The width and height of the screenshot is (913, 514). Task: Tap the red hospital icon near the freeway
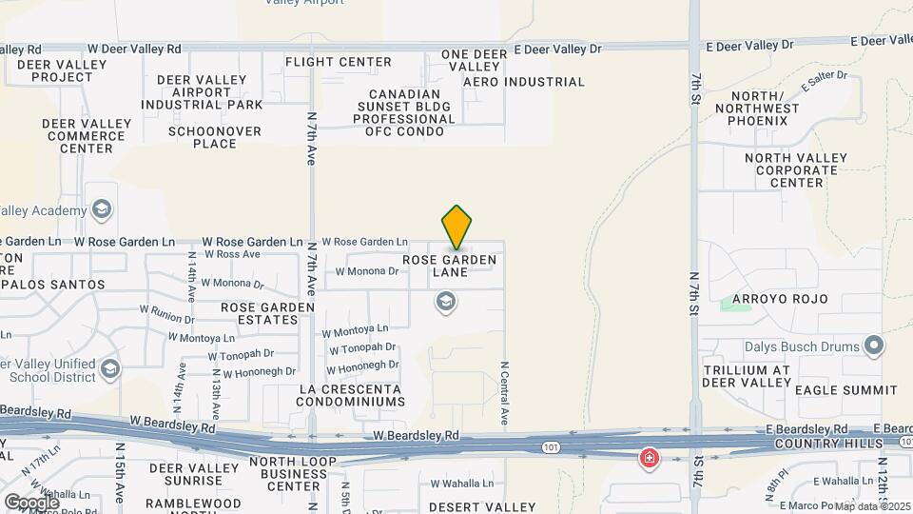click(650, 459)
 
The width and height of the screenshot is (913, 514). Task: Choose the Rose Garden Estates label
click(267, 313)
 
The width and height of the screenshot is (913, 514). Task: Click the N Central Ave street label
click(505, 392)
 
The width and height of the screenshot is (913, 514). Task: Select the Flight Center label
click(339, 62)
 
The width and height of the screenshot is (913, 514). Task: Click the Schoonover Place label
click(215, 137)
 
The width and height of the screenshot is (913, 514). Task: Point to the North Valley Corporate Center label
click(797, 170)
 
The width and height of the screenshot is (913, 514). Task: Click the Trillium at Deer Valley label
click(747, 376)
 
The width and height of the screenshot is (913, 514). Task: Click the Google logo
click(31, 502)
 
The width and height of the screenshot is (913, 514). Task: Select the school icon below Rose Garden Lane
click(444, 304)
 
